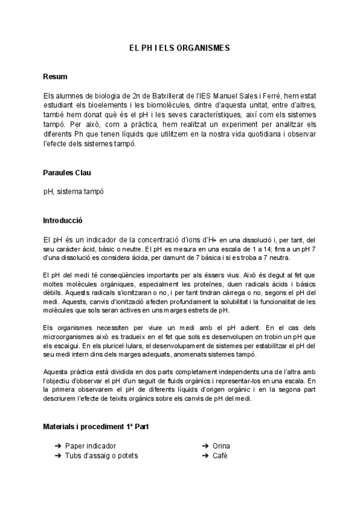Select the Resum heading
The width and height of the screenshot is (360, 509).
pos(55,77)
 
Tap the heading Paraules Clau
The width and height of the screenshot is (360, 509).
pos(67,173)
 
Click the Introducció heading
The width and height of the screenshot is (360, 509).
pos(63,221)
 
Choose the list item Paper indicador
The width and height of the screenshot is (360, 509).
pos(90,446)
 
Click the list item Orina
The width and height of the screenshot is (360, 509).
pos(221,446)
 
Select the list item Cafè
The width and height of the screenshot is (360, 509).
pos(220,456)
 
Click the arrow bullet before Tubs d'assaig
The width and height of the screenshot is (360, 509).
pos(58,456)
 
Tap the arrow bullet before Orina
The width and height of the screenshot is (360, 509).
pos(206,446)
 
